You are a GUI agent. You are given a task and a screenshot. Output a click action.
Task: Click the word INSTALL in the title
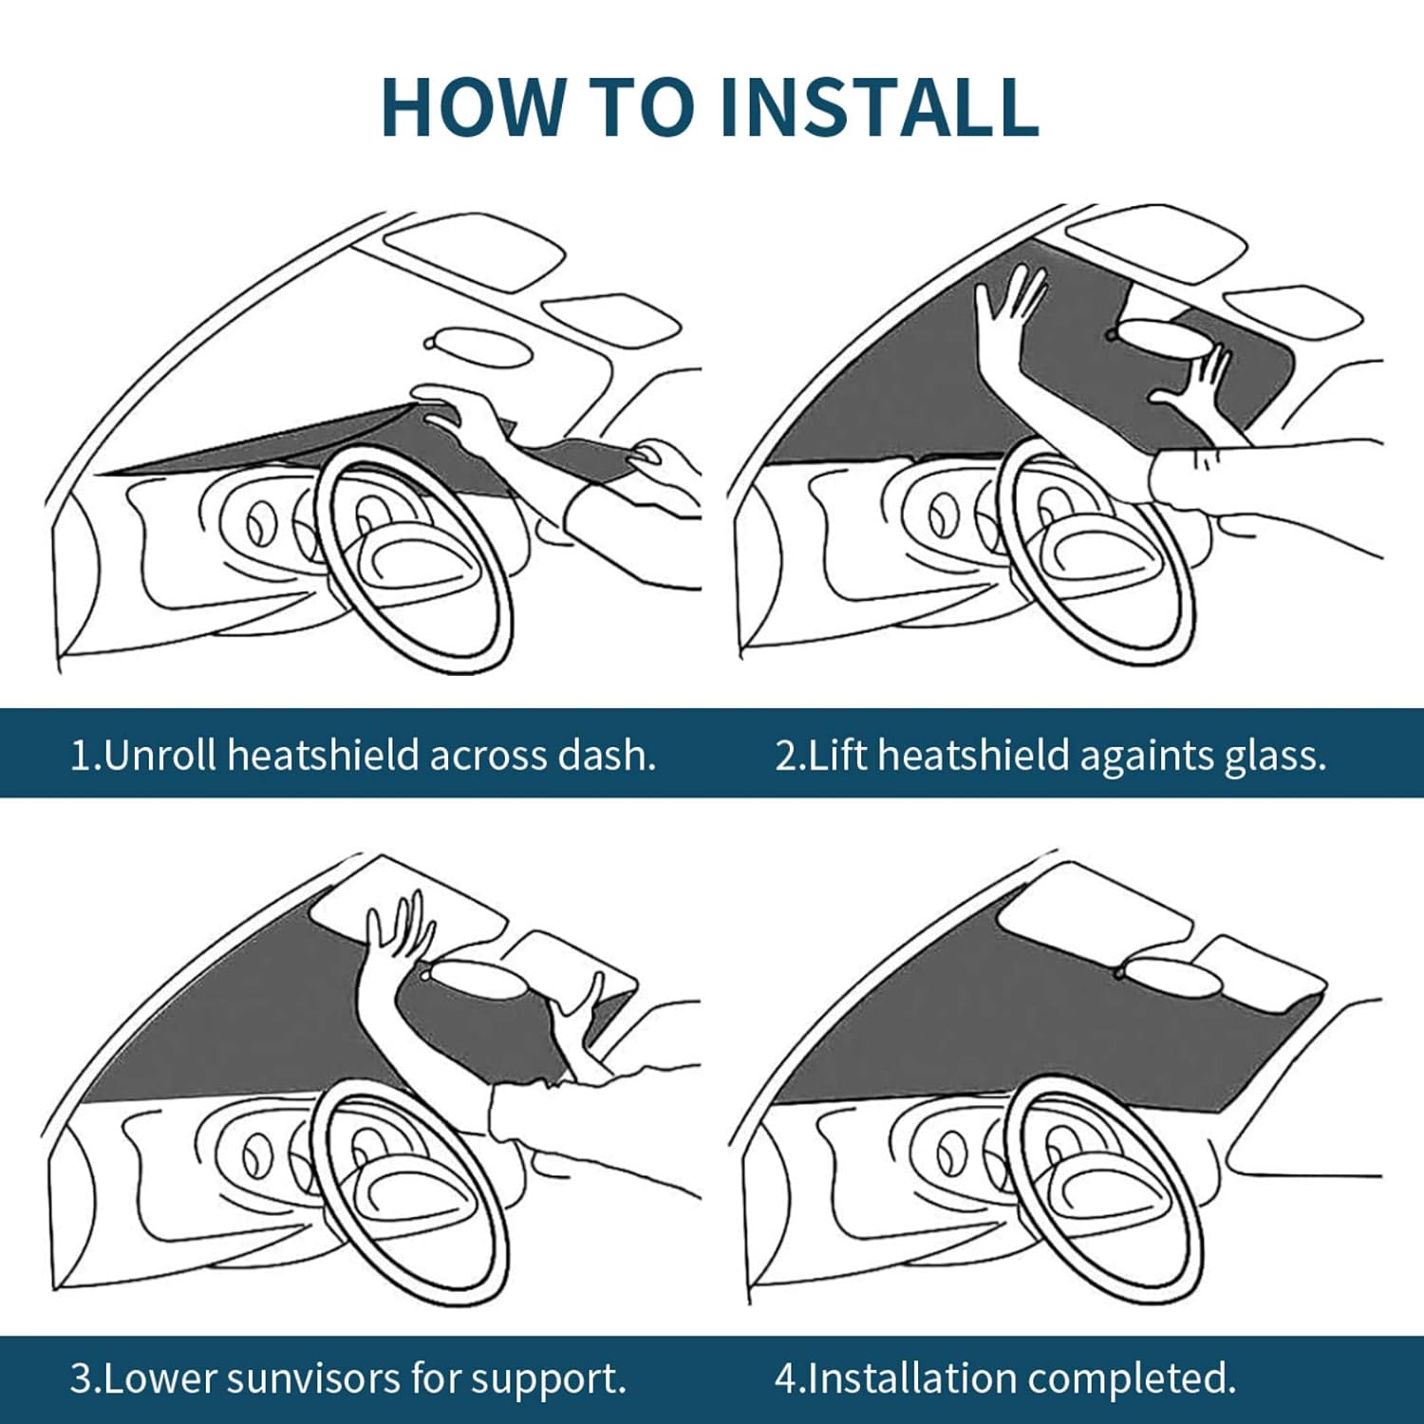879,106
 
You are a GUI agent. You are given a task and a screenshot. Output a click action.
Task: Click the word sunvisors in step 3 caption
305,1377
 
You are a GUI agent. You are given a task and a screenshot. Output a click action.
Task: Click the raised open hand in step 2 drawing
1008,304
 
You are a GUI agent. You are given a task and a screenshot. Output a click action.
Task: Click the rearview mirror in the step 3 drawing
479,978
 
